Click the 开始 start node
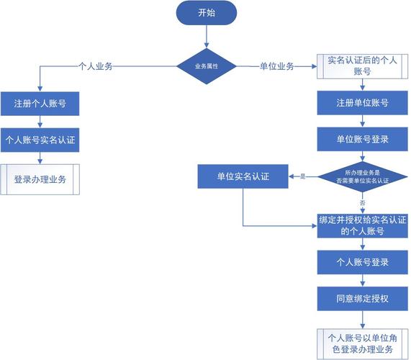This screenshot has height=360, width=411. click(x=206, y=14)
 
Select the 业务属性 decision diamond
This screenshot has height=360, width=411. click(x=207, y=67)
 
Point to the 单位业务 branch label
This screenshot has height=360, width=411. click(x=276, y=67)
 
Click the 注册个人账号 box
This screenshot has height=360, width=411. click(x=40, y=104)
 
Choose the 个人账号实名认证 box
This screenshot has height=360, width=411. click(x=40, y=140)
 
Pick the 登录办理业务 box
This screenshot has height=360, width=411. click(x=40, y=179)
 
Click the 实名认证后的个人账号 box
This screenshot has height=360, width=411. click(x=362, y=67)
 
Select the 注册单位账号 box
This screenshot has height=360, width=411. click(x=362, y=103)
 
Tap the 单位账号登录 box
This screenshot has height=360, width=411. click(x=362, y=139)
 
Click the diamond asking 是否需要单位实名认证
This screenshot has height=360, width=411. click(x=362, y=176)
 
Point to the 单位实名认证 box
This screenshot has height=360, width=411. click(x=243, y=176)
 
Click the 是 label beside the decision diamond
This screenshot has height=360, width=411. click(x=303, y=176)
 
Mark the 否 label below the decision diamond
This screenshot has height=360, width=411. click(x=362, y=202)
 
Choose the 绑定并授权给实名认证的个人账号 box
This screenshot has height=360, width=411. click(x=362, y=225)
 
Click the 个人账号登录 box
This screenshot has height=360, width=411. click(x=362, y=261)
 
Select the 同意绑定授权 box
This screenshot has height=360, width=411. click(x=362, y=297)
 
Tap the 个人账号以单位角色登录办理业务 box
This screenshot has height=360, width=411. click(x=362, y=342)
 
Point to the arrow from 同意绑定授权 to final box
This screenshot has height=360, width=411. click(x=362, y=319)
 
